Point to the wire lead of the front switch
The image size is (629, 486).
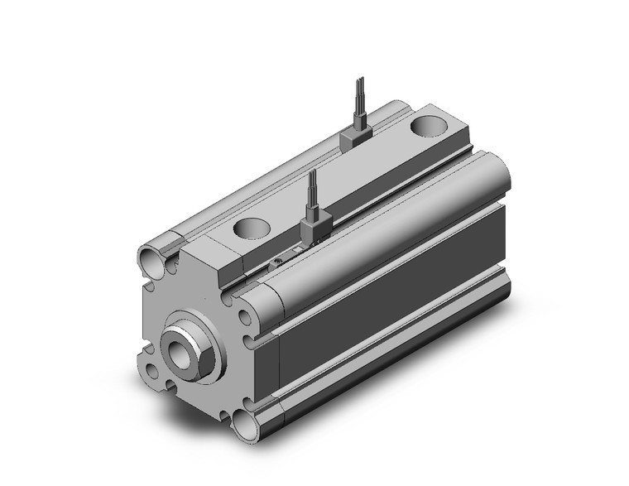pyautogui.click(x=312, y=190)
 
